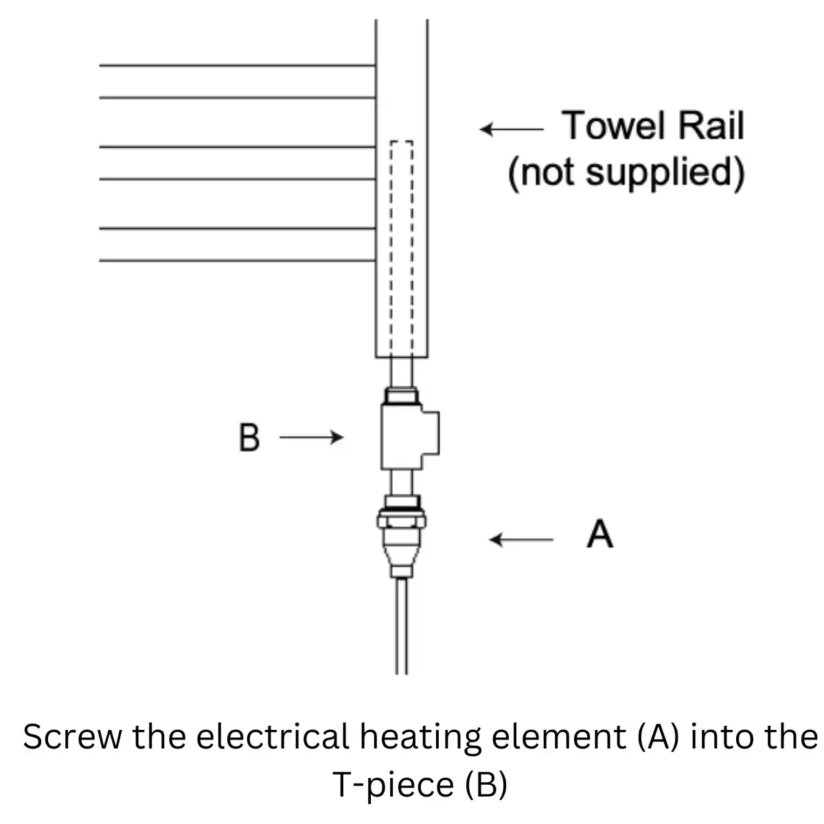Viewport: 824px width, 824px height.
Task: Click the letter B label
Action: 249,437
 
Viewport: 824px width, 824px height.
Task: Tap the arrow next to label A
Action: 520,540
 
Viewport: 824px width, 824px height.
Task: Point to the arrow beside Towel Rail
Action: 512,129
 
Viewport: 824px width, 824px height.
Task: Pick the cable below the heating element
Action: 402,625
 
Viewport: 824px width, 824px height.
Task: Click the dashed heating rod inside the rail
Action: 402,240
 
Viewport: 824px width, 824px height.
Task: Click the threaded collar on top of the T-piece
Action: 402,396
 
